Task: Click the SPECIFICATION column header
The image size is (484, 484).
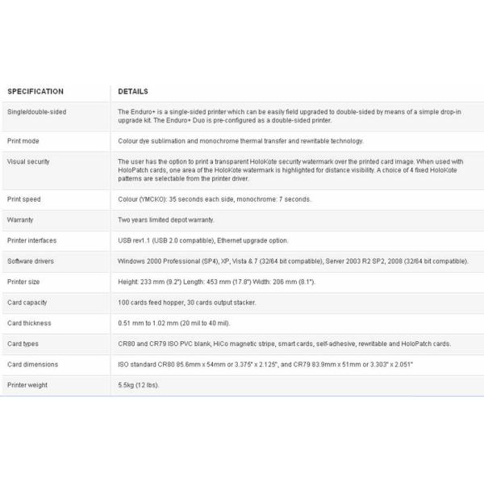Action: tap(35, 92)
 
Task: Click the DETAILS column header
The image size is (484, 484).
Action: tap(133, 92)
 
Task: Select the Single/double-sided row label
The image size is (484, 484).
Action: tap(36, 112)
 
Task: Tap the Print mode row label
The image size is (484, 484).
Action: tap(24, 141)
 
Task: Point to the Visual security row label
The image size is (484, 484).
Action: tap(28, 161)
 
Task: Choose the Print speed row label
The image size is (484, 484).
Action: tap(25, 199)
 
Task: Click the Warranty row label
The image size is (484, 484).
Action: tap(20, 219)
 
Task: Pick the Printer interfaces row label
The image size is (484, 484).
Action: tap(31, 240)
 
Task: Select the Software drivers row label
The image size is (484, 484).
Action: tap(30, 261)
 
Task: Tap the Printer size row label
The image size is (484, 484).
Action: tap(24, 282)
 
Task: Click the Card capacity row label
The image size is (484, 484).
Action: tap(27, 302)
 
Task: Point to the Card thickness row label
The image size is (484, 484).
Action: tap(29, 323)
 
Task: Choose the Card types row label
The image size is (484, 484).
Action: tap(23, 344)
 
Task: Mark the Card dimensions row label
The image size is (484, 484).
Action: tap(32, 365)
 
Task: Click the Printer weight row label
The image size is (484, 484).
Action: tap(27, 386)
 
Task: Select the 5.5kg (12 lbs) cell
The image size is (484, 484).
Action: tap(139, 386)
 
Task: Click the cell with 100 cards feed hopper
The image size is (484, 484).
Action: tap(187, 302)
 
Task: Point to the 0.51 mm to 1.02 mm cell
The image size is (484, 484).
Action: tap(174, 323)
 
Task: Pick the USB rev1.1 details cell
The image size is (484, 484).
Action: tap(202, 240)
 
